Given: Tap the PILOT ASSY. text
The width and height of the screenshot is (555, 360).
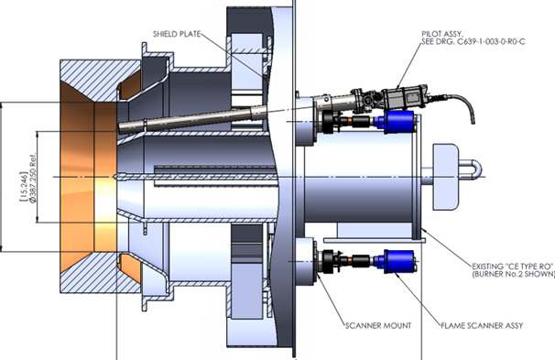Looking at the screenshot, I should (x=434, y=31).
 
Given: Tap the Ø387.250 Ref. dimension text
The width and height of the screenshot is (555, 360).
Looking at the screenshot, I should (x=33, y=174).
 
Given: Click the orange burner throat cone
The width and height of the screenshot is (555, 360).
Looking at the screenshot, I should (x=82, y=174).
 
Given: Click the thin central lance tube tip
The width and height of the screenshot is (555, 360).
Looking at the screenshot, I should (x=117, y=174).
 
